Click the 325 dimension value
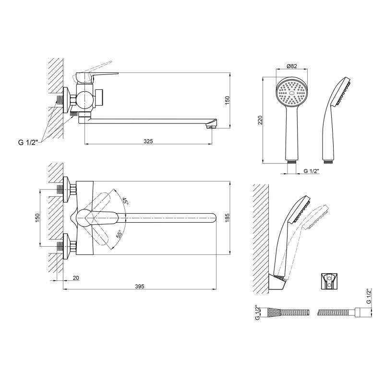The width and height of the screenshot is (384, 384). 148,141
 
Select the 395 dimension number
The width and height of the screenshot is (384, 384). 140,286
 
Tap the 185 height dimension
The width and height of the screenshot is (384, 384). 227,218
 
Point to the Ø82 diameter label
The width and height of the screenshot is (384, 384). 292,66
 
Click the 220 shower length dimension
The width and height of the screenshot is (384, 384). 260,120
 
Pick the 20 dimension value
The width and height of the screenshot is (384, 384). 76,278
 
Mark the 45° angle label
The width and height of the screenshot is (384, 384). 125,201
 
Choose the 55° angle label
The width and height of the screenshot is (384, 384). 119,234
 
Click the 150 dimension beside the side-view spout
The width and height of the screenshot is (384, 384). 227,100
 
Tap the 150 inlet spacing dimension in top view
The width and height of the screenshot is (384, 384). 37,218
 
